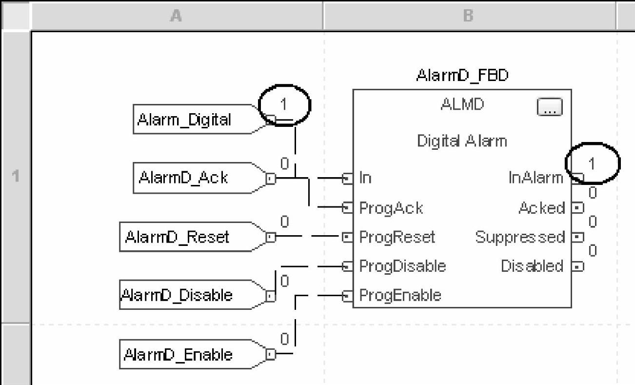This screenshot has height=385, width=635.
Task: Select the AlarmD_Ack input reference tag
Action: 183,178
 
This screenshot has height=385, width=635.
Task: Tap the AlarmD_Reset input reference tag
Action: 177,237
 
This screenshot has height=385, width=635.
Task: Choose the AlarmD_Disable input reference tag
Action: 177,295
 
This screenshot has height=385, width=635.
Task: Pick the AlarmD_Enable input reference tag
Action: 178,354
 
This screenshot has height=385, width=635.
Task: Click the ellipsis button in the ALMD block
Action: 550,107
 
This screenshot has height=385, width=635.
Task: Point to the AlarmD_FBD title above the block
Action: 462,76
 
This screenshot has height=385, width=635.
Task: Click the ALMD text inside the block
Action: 462,104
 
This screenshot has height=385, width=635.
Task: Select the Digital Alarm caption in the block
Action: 462,141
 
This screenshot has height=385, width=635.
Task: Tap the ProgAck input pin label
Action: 391,208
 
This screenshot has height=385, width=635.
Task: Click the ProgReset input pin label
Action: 397,237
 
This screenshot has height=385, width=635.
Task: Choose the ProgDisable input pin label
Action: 402,266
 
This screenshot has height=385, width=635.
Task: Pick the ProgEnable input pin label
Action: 400,295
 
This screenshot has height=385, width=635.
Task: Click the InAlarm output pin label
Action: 536,178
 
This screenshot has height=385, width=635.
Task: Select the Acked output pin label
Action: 541,208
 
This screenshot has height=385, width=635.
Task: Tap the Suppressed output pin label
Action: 520,237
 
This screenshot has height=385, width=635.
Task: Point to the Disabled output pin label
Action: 532,266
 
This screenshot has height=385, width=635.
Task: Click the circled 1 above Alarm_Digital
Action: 284,104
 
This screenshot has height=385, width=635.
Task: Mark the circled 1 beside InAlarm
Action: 592,163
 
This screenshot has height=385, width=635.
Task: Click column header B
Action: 468,16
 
